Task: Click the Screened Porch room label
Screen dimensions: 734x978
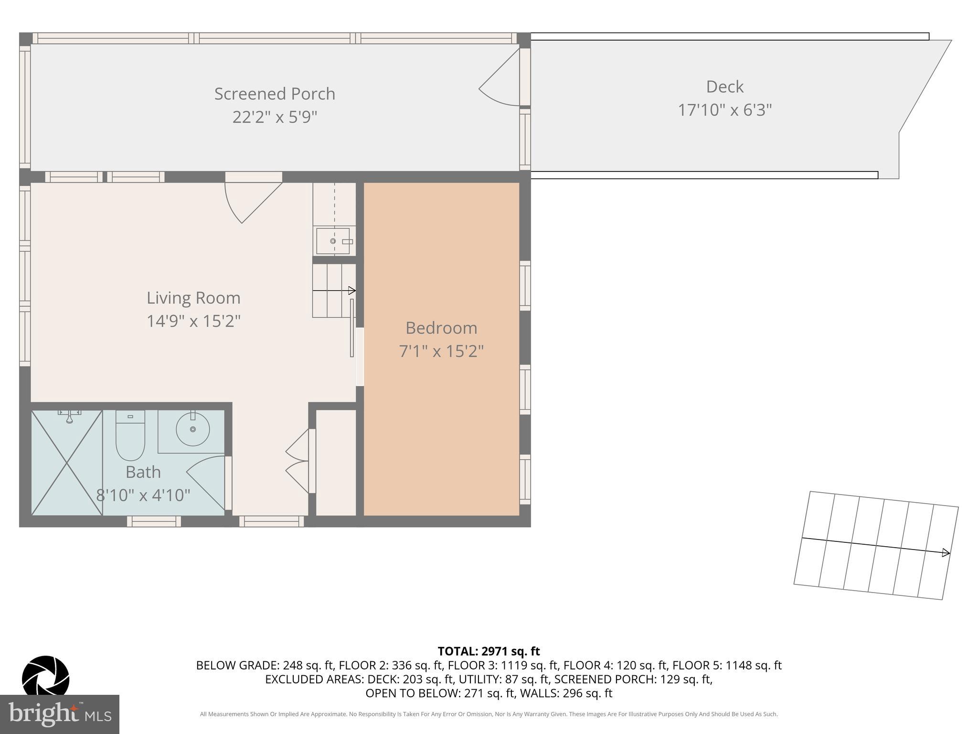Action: tap(275, 94)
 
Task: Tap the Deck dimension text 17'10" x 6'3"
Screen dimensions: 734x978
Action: tap(724, 110)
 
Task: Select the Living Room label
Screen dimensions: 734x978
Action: tap(193, 298)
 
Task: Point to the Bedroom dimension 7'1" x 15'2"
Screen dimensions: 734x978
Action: tap(441, 351)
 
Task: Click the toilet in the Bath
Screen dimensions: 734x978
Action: tap(130, 435)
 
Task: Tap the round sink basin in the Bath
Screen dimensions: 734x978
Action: tap(192, 429)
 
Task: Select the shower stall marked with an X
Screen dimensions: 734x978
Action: tap(67, 463)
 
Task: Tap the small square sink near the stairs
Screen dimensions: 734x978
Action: tap(333, 241)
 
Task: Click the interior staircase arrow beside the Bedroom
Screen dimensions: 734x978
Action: tap(334, 291)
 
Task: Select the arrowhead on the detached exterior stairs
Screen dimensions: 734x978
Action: tap(946, 553)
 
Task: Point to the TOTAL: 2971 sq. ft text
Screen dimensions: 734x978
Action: tap(489, 651)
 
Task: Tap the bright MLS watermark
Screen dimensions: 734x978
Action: tap(59, 713)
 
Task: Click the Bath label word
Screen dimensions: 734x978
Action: tap(143, 472)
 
